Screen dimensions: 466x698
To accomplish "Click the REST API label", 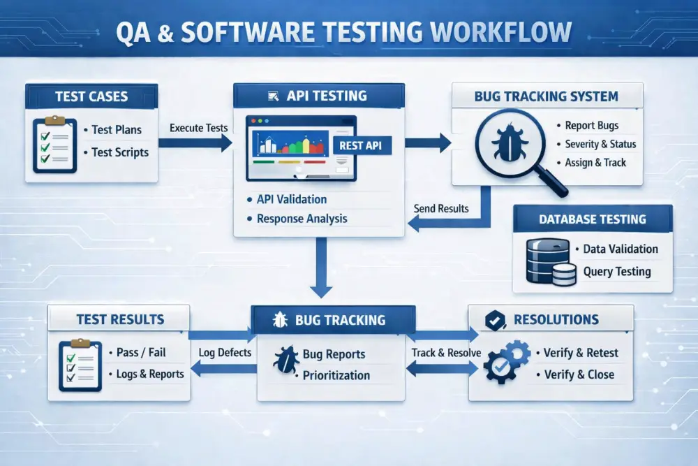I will [x=362, y=145].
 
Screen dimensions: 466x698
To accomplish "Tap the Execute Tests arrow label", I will [x=198, y=128].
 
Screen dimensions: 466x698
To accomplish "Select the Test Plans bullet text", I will [x=117, y=129].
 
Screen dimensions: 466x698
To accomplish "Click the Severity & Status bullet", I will [x=600, y=144].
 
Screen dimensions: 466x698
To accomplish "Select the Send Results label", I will [x=441, y=208].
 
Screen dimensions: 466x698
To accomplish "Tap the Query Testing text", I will [x=616, y=272].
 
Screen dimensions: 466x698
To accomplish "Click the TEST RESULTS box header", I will [x=120, y=320].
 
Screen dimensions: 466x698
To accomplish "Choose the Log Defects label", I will [x=225, y=352].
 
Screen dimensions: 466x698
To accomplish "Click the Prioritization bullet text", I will [x=336, y=375].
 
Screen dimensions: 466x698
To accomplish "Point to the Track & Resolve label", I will [x=446, y=352].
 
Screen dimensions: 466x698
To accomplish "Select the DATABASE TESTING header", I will [x=592, y=219].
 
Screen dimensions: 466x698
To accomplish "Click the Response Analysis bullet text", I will [x=302, y=219].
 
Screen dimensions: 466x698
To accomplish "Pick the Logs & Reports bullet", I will [x=149, y=374].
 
